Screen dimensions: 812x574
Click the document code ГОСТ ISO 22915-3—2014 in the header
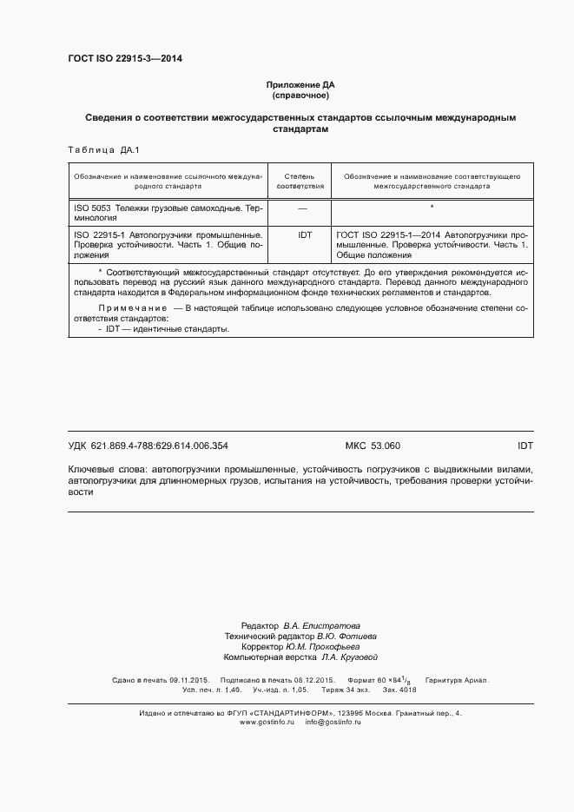point(125,59)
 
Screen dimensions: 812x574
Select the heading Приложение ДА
point(300,84)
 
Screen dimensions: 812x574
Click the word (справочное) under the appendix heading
point(300,94)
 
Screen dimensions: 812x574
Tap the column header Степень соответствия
point(300,181)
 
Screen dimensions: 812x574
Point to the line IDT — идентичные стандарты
point(164,329)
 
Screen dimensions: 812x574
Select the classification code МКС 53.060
point(373,446)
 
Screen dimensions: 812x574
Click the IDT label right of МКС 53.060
point(525,446)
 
